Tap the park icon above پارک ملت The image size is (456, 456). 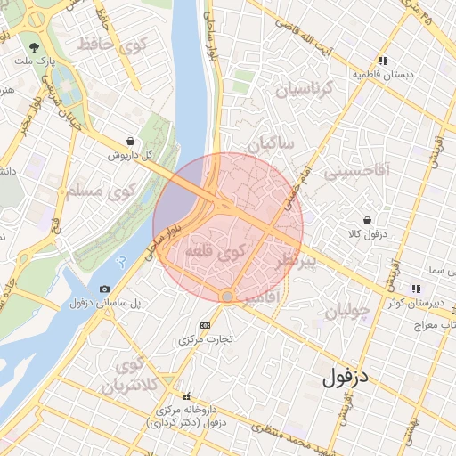coord(34,46)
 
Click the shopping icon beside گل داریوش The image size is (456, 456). coord(131,141)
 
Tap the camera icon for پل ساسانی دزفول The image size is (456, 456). coord(105,289)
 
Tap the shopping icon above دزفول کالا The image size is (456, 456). coord(367,220)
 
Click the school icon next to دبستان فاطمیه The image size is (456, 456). coord(382,61)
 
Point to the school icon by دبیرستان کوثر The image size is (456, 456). coord(415,288)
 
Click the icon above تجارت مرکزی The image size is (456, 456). coord(206,325)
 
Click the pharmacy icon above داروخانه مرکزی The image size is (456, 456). coord(186,396)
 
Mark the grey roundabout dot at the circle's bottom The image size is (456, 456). coord(227,296)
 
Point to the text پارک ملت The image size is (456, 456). coord(34,63)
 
